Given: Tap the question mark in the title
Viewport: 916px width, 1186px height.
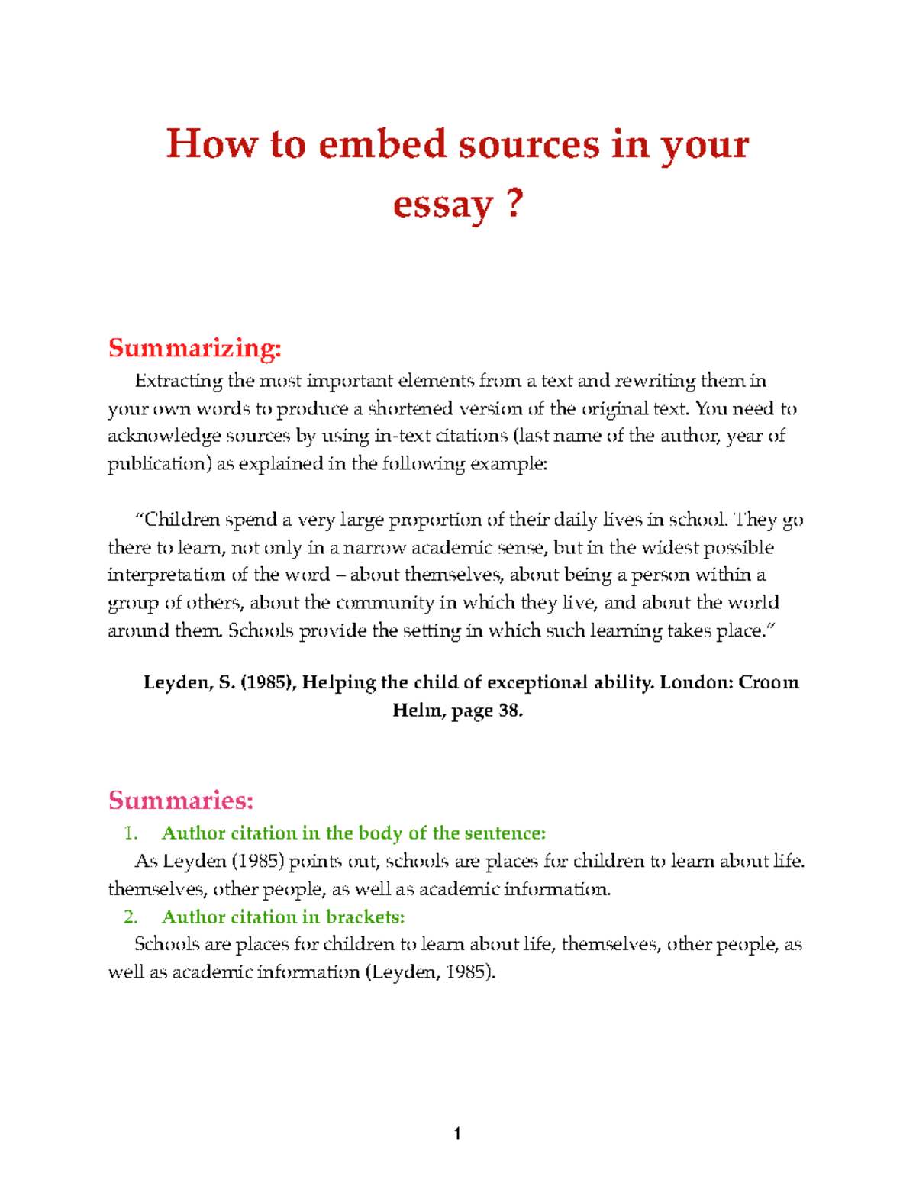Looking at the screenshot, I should click(514, 204).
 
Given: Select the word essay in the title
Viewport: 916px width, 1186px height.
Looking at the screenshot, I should click(442, 206).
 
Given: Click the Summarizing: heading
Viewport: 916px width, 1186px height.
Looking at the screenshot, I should click(195, 348).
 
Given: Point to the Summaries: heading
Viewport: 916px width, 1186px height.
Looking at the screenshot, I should click(180, 800).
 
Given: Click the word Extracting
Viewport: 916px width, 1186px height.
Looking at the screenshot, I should click(179, 381).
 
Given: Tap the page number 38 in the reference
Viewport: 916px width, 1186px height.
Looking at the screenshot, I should click(508, 711).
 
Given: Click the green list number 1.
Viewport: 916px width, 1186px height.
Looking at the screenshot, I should click(131, 833).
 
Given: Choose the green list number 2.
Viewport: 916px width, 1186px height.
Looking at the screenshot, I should click(131, 917).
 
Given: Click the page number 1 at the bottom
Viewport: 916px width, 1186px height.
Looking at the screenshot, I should click(457, 1134).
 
